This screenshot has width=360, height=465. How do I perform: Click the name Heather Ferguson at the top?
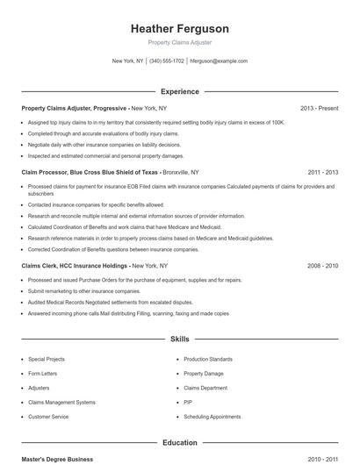[179, 28]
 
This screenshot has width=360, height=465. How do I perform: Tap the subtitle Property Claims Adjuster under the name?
[179, 42]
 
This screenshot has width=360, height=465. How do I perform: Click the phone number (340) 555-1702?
[167, 61]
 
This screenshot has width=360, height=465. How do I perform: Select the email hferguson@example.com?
[219, 61]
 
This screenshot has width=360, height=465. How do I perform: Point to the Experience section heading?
[179, 91]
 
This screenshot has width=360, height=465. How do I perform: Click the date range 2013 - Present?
[319, 108]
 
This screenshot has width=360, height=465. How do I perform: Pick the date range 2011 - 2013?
[322, 173]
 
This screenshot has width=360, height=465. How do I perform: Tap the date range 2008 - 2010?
[322, 265]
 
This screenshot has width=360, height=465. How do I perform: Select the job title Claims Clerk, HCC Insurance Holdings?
[75, 265]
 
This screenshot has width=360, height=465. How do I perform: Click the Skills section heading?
[179, 338]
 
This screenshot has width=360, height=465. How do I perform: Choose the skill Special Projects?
[47, 359]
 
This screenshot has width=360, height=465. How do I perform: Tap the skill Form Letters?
[42, 373]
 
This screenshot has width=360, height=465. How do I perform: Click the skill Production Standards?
[208, 359]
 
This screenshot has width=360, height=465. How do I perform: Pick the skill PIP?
[188, 402]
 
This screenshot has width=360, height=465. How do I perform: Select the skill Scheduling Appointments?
[212, 416]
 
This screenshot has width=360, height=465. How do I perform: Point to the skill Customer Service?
[48, 416]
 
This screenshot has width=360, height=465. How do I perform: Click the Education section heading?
[179, 443]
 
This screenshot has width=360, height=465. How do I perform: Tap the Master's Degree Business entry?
[57, 459]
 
